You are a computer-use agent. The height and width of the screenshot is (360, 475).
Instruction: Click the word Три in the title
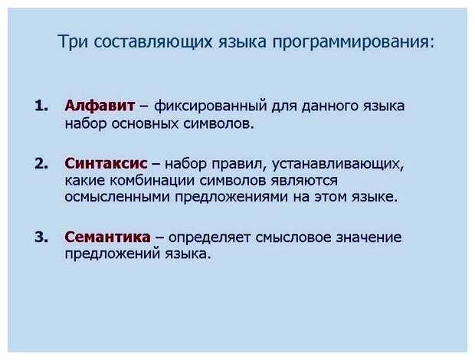[73, 41]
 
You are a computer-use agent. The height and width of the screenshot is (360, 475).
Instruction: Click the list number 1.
[41, 105]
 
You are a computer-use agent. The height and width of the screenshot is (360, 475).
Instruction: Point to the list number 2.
[41, 163]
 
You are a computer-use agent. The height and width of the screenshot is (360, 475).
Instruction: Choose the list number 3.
[41, 237]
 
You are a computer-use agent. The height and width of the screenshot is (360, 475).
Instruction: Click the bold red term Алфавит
[100, 105]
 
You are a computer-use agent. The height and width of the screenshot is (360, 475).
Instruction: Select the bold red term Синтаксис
[106, 163]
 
